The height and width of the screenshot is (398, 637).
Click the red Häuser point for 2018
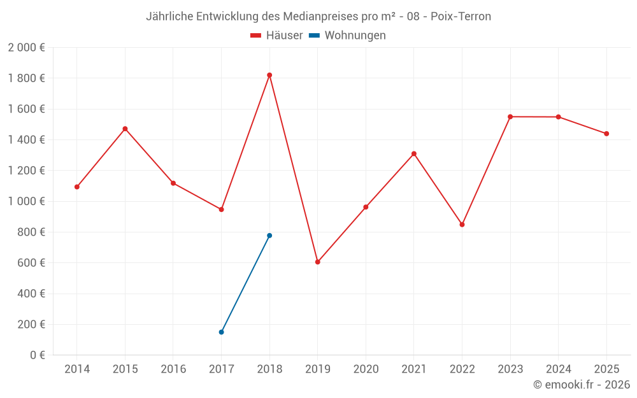pyautogui.click(x=269, y=75)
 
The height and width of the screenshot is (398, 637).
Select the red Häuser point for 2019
pyautogui.click(x=318, y=262)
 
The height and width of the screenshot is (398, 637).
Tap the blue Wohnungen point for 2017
pyautogui.click(x=221, y=332)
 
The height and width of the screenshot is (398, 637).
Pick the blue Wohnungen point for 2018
pyautogui.click(x=269, y=236)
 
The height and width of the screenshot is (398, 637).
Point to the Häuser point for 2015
pyautogui.click(x=125, y=129)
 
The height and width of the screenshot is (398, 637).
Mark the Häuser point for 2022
pyautogui.click(x=462, y=225)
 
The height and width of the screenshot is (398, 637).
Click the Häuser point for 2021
pyautogui.click(x=414, y=153)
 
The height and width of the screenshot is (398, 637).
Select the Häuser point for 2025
pyautogui.click(x=606, y=134)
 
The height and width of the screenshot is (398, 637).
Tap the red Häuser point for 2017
pyautogui.click(x=221, y=210)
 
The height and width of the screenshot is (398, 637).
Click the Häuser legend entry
pyautogui.click(x=277, y=36)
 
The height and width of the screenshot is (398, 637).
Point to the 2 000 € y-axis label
pyautogui.click(x=27, y=48)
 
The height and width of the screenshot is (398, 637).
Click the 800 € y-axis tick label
pyautogui.click(x=32, y=232)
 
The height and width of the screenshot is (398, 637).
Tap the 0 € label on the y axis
pyautogui.click(x=38, y=355)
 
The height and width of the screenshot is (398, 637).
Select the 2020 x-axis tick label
pyautogui.click(x=366, y=369)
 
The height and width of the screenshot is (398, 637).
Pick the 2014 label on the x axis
pyautogui.click(x=77, y=369)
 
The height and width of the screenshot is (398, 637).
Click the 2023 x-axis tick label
pyautogui.click(x=510, y=369)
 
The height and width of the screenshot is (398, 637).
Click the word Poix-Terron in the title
pyautogui.click(x=461, y=17)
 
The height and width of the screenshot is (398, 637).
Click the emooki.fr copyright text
pyautogui.click(x=582, y=385)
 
